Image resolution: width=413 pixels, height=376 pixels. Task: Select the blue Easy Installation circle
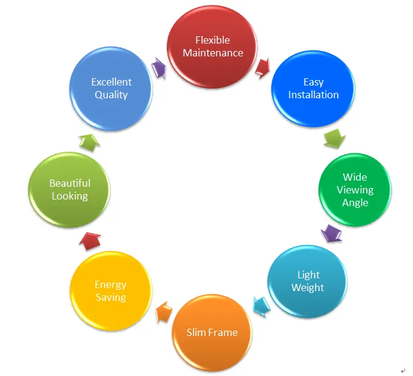(313, 89)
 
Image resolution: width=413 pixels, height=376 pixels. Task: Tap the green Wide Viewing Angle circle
(355, 190)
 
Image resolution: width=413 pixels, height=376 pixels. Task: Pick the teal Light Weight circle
(307, 281)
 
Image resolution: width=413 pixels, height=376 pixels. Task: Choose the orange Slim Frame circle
(212, 332)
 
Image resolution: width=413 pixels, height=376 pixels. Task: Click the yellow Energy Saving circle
(110, 291)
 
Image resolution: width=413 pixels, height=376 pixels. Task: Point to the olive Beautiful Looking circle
(70, 189)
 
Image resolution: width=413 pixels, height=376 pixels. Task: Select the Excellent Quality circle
(111, 89)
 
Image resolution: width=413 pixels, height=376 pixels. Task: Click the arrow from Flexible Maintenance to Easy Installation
(263, 68)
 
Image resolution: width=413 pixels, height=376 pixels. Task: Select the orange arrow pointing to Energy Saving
(163, 313)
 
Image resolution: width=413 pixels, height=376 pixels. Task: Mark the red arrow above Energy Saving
(90, 241)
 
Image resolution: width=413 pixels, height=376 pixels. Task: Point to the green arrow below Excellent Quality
(90, 141)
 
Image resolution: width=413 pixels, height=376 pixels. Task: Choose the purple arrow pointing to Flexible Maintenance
(159, 67)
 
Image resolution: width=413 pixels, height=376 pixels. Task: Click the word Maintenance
(213, 53)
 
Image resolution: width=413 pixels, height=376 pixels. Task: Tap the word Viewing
(355, 190)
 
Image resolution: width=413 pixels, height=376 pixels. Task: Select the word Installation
(313, 95)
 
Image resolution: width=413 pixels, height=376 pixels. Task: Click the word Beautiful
(70, 183)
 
